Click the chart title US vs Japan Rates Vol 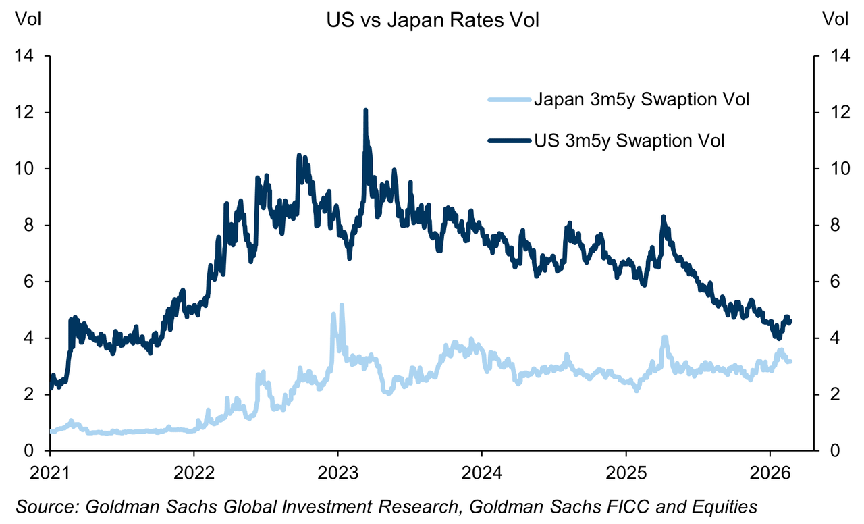coord(432,21)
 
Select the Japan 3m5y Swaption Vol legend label coord(642,101)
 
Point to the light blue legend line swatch coord(508,101)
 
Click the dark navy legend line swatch coord(508,140)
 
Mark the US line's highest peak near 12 coord(365,110)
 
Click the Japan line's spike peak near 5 coord(342,305)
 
